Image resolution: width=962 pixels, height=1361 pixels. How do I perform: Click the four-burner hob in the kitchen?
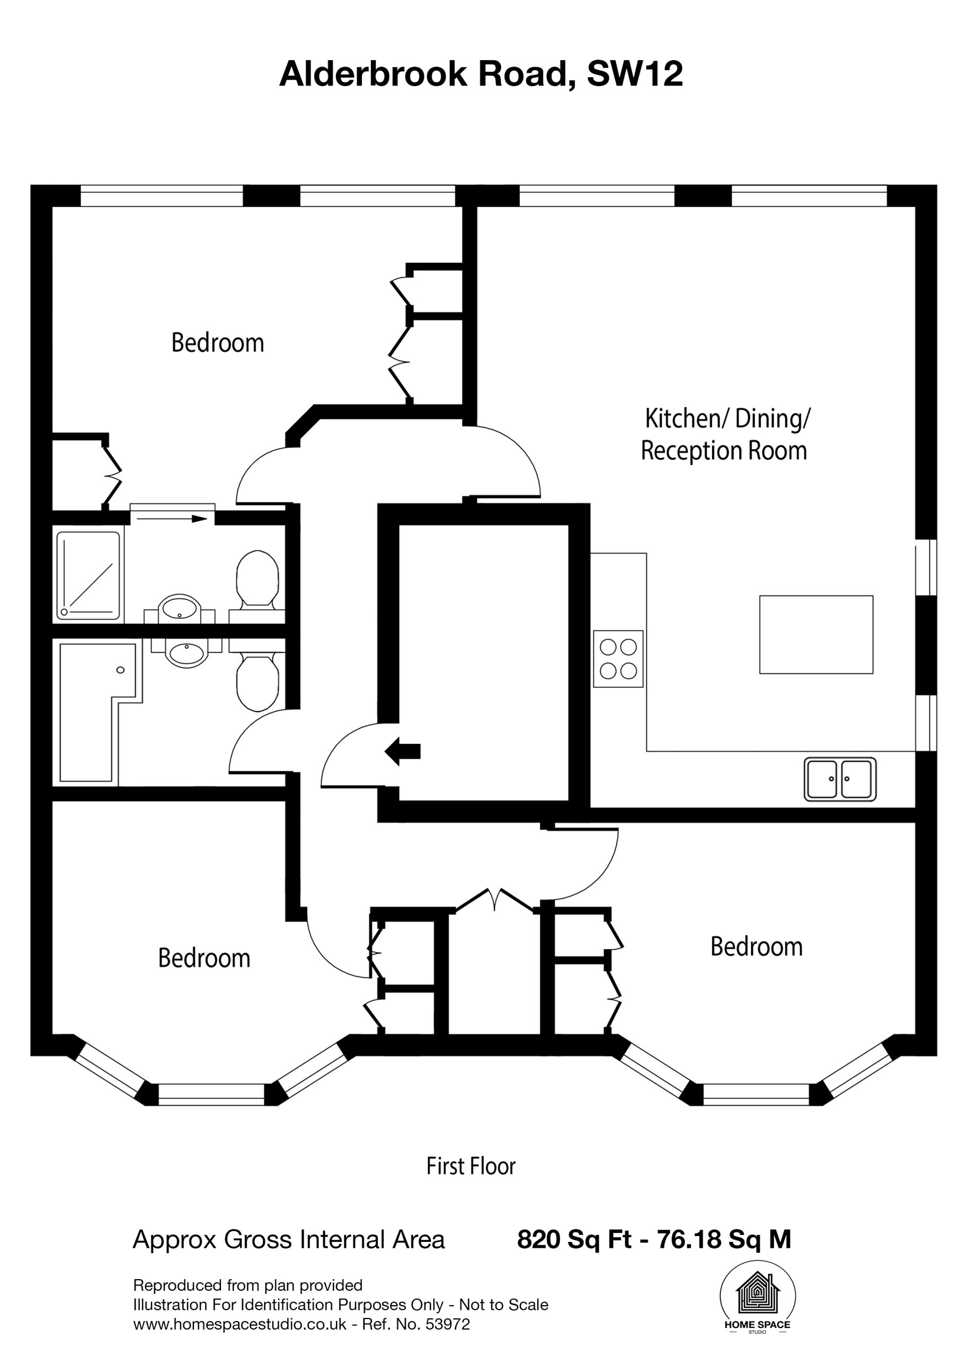618,659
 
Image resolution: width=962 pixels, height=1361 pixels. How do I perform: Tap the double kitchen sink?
840,779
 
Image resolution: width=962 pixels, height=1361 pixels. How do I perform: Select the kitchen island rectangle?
816,634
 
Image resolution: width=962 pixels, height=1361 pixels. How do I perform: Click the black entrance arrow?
402,752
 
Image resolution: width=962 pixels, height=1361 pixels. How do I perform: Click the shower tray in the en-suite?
88,576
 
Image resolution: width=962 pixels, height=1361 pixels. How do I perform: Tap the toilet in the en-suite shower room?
258,582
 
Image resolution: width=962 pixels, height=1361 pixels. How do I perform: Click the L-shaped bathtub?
98,712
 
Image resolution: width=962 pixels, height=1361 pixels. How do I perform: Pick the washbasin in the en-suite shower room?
180,608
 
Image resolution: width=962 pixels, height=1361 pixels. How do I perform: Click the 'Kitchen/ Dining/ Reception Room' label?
725,434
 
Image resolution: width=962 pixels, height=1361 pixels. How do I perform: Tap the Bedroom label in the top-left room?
217,343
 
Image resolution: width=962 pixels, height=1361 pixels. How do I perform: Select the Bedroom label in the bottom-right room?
756,947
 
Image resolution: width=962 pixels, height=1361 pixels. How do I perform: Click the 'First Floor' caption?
471,1166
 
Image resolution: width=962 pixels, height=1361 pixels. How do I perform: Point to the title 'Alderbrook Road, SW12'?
480,74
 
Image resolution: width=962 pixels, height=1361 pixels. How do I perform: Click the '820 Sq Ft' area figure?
574,1239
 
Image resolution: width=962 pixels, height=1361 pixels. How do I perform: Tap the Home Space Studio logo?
757,1298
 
